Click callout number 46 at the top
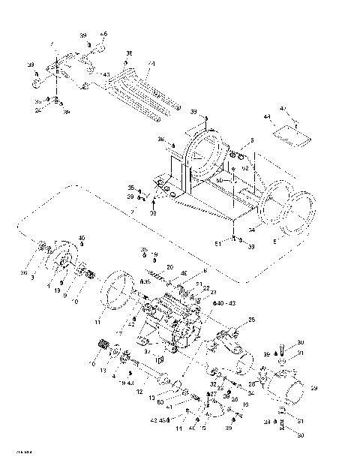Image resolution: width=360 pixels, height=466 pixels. (x=104, y=34)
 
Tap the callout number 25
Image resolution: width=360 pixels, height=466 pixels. (x=252, y=320)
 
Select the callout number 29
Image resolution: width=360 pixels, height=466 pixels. (x=314, y=388)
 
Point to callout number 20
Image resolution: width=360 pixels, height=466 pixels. (x=169, y=267)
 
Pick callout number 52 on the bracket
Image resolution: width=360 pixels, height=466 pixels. (x=244, y=168)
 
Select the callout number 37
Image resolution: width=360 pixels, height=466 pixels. (x=148, y=350)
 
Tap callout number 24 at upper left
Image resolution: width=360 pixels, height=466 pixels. (x=37, y=109)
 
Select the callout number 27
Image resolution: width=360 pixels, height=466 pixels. (x=214, y=392)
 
